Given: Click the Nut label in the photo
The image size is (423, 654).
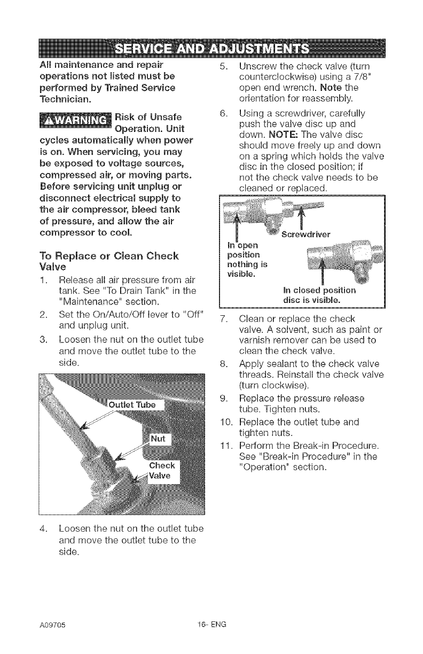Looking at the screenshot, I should [x=160, y=439].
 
